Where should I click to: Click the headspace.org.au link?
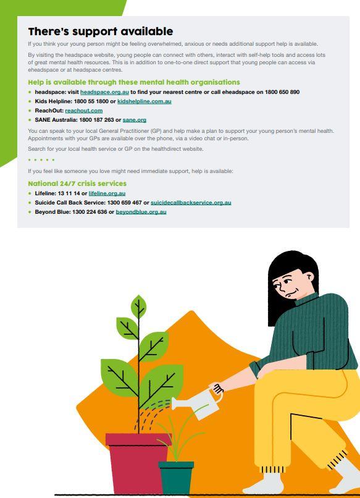coord(104,92)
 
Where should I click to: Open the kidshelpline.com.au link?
coord(144,101)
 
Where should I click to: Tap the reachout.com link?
coord(84,111)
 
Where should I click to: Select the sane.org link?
coord(135,120)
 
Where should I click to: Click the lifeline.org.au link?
coord(107,193)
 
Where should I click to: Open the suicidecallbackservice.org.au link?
coord(191,203)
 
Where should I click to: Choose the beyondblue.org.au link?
coord(141,212)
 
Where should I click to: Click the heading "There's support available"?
coord(100,32)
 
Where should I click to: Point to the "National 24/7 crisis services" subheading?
coord(77,184)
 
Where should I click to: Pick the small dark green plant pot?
coord(176,478)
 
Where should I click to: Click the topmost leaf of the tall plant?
coord(139,306)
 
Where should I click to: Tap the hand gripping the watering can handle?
coord(217,388)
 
